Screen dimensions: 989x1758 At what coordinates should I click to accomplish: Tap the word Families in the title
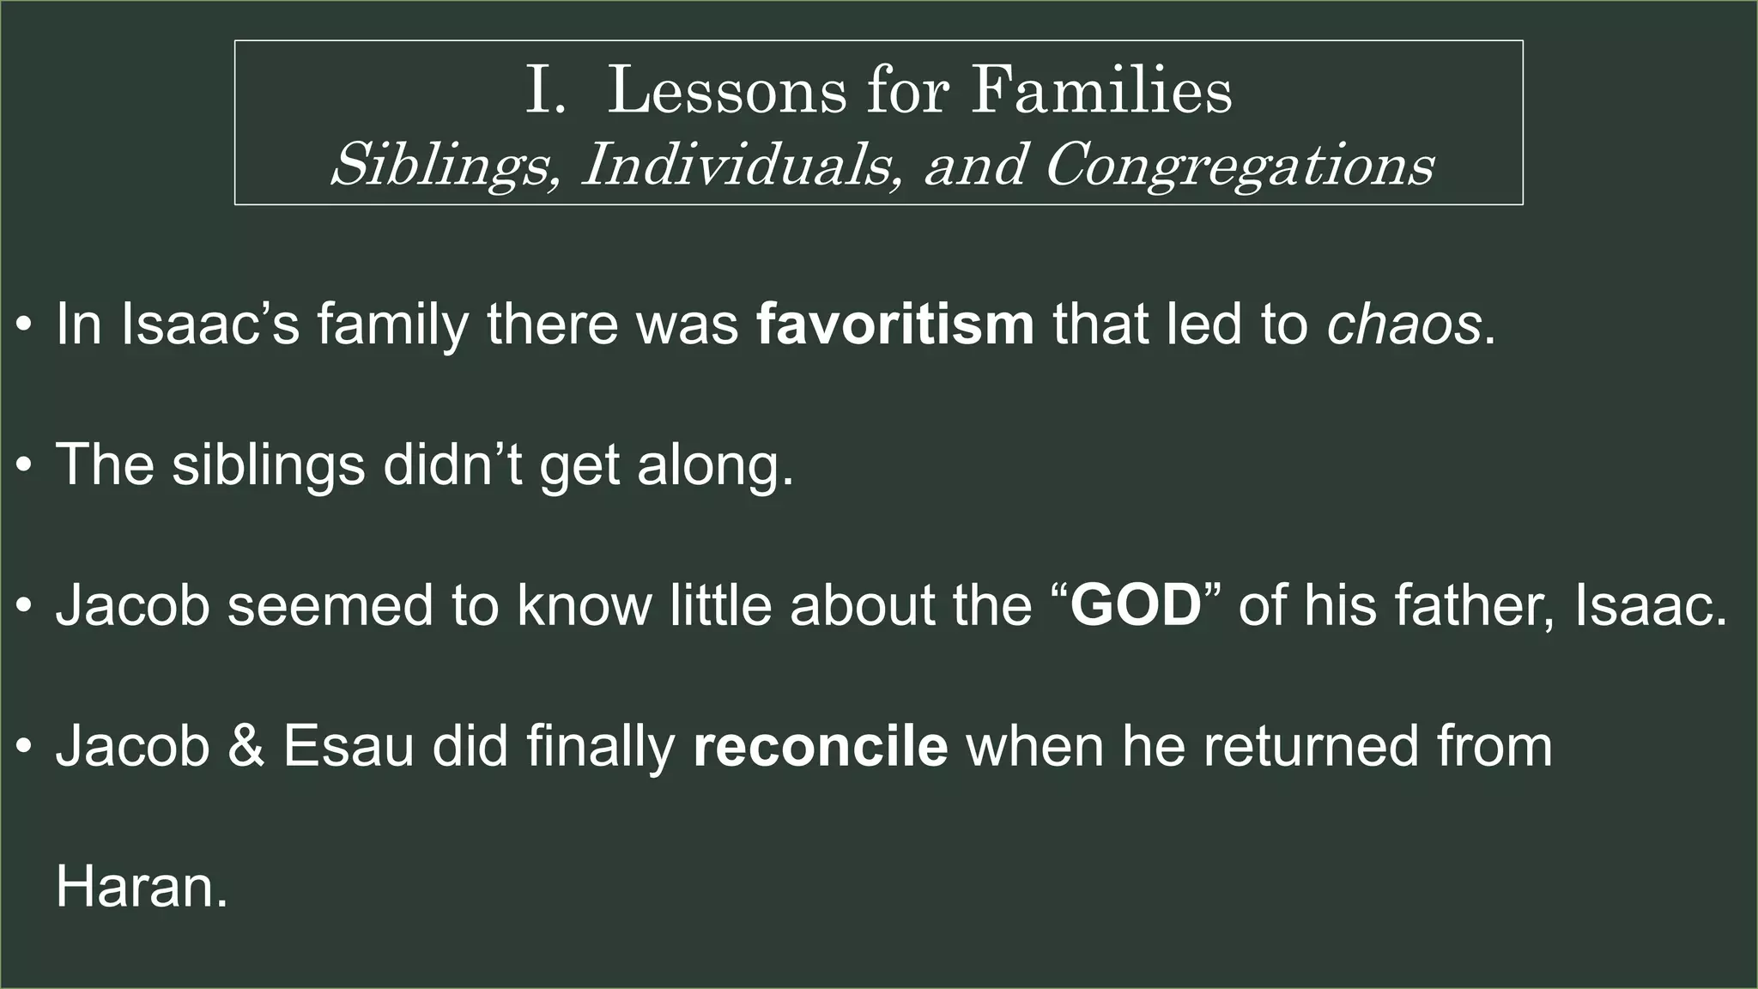pyautogui.click(x=1101, y=91)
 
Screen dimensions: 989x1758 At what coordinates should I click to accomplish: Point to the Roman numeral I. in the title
pyautogui.click(x=546, y=91)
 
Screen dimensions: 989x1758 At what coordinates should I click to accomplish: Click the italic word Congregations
pyautogui.click(x=1239, y=164)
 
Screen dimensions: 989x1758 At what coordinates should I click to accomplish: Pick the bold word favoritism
pyautogui.click(x=895, y=324)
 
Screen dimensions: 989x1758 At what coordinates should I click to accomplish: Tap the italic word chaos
pyautogui.click(x=1403, y=324)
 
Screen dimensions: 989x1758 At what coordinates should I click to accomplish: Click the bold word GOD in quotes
pyautogui.click(x=1135, y=605)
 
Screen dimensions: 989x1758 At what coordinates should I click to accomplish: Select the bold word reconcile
pyautogui.click(x=821, y=746)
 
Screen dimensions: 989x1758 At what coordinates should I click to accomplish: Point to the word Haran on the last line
pyautogui.click(x=142, y=887)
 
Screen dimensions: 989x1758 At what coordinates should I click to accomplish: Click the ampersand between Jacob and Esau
pyautogui.click(x=246, y=746)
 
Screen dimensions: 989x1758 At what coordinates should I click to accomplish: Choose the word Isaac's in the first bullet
pyautogui.click(x=210, y=324)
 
